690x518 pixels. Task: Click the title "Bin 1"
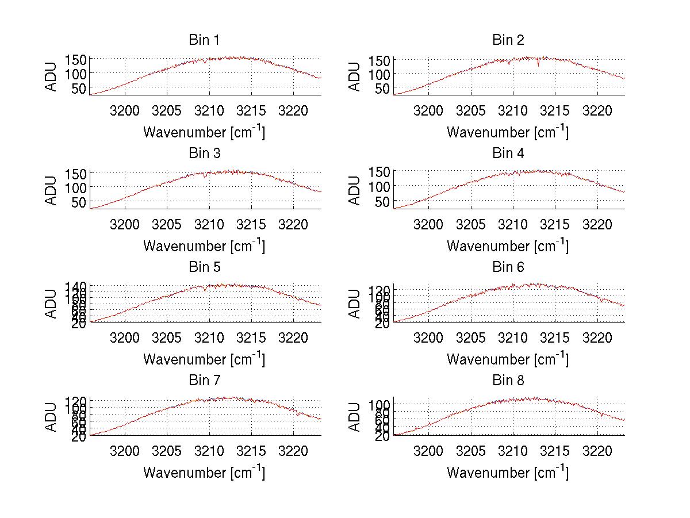pos(204,40)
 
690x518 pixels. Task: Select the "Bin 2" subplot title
pos(508,40)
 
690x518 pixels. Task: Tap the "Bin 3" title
pos(204,154)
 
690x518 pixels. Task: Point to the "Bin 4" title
pos(508,154)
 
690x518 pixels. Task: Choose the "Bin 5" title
pos(204,267)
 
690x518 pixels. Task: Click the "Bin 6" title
pos(508,267)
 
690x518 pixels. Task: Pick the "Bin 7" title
pos(204,381)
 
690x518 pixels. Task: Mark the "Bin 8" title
pos(508,381)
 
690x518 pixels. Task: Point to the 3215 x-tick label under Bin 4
pos(555,224)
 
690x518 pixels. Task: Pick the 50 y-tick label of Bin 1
pos(79,88)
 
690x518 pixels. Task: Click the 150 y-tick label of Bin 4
pos(379,171)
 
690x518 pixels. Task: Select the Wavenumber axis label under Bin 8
pos(507,473)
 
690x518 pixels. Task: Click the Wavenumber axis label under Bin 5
pos(204,359)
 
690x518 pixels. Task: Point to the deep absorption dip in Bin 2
pos(538,64)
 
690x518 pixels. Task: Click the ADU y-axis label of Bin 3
pos(52,190)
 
